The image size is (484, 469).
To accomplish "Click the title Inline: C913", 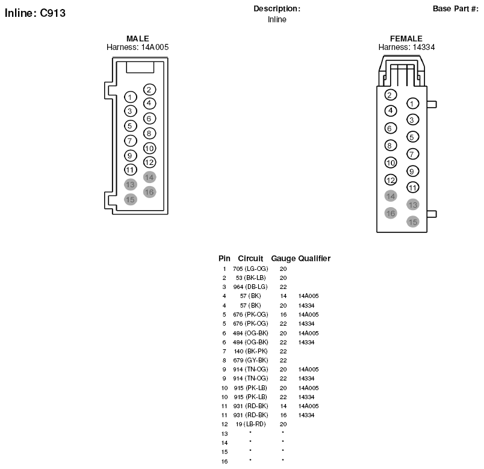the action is pyautogui.click(x=35, y=13).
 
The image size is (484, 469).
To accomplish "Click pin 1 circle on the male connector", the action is pyautogui.click(x=130, y=98).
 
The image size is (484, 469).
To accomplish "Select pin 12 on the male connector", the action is pyautogui.click(x=149, y=162).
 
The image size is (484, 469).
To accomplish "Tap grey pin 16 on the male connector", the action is pyautogui.click(x=149, y=192).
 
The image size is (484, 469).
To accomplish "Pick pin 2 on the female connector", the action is pyautogui.click(x=391, y=95).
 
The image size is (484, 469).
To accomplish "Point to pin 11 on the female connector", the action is pyautogui.click(x=413, y=187).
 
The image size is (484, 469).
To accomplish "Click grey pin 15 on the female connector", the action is pyautogui.click(x=413, y=222).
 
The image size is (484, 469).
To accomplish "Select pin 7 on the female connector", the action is pyautogui.click(x=413, y=154).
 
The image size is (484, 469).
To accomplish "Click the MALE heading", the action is pyautogui.click(x=138, y=39).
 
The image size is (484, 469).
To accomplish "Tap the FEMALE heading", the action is pyautogui.click(x=406, y=39).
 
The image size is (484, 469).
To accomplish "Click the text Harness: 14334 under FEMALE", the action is pyautogui.click(x=406, y=47).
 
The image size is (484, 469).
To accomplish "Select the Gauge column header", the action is pyautogui.click(x=283, y=258).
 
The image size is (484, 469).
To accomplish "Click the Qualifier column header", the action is pyautogui.click(x=314, y=258).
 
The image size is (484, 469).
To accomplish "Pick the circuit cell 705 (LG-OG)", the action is pyautogui.click(x=250, y=269).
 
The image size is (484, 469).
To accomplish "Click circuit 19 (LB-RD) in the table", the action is pyautogui.click(x=250, y=424).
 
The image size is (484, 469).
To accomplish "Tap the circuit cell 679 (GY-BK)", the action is pyautogui.click(x=250, y=360).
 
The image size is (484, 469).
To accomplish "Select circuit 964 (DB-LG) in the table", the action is pyautogui.click(x=250, y=287).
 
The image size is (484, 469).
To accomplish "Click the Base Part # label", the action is pyautogui.click(x=456, y=8).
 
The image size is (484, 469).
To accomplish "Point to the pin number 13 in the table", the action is pyautogui.click(x=225, y=434).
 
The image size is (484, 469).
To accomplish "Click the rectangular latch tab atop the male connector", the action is pyautogui.click(x=140, y=67).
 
